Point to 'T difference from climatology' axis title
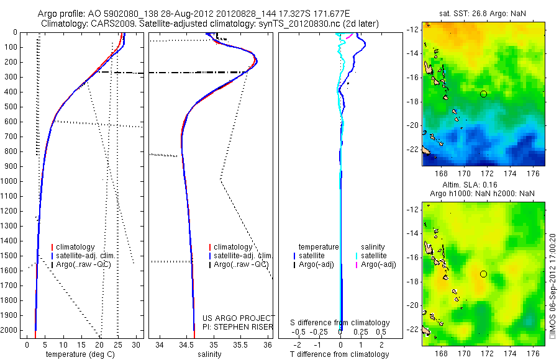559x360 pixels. (x=340, y=354)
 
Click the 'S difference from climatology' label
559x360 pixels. (x=340, y=323)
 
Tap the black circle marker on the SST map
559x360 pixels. (x=483, y=94)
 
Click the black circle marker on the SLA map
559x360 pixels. (x=483, y=274)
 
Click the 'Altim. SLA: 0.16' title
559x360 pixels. (x=483, y=184)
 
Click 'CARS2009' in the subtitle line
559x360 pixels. (x=109, y=23)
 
